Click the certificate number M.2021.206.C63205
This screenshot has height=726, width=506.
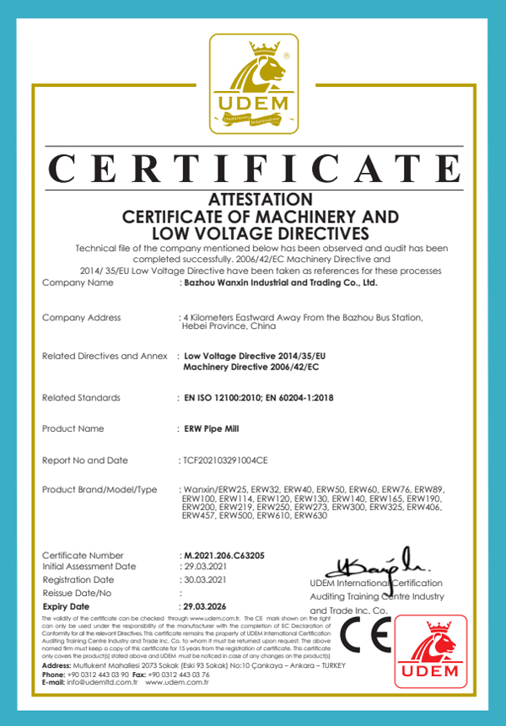[x=224, y=556]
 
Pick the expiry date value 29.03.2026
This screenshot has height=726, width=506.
[x=207, y=606]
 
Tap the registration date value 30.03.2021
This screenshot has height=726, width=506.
[x=204, y=580]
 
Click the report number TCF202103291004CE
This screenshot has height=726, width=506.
[x=225, y=460]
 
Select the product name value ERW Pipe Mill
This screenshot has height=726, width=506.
[x=212, y=428]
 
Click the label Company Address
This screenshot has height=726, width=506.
[x=81, y=317]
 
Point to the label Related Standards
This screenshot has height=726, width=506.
[x=81, y=397]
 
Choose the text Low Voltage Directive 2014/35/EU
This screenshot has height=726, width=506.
[x=254, y=356]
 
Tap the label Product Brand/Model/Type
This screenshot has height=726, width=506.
[x=100, y=490]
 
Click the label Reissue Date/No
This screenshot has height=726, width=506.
[x=79, y=593]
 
